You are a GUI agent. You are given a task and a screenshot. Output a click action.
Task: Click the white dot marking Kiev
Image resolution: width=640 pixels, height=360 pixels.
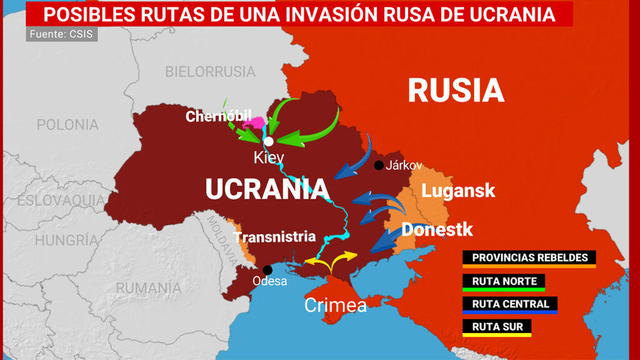click(268, 142)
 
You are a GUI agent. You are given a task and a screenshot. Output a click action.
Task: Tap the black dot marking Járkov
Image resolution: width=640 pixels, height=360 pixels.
click(379, 166)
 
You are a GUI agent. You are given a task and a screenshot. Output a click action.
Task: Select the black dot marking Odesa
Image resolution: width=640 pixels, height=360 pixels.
click(267, 269)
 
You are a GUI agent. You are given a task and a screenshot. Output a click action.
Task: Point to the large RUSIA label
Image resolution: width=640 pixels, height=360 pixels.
click(455, 91)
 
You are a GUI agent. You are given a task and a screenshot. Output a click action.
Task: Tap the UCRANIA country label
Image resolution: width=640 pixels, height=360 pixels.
click(267, 189)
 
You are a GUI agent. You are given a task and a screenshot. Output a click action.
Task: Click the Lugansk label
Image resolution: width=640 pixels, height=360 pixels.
click(458, 190)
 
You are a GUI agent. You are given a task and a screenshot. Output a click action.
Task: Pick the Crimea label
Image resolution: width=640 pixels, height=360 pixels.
click(335, 305)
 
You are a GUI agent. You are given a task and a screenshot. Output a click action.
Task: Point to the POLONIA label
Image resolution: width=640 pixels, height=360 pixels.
click(68, 125)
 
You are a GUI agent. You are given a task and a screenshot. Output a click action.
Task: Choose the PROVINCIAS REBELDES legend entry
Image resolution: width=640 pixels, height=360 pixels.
click(529, 257)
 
